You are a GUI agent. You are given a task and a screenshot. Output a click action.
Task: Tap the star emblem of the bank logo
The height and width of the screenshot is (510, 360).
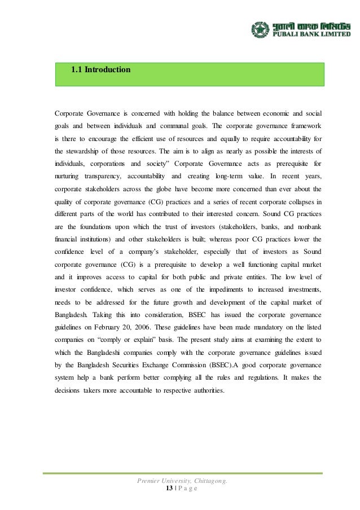pyautogui.click(x=261, y=30)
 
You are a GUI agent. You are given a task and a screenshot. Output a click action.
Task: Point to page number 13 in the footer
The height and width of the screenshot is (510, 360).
pyautogui.click(x=169, y=488)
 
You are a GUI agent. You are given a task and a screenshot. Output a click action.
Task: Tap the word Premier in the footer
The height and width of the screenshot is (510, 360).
pyautogui.click(x=149, y=480)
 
